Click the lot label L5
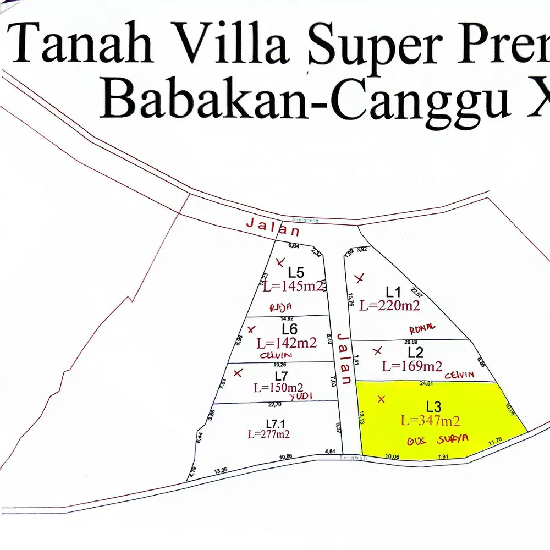[x=296, y=272]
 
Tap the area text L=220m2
[x=390, y=306]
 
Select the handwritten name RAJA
[x=280, y=307]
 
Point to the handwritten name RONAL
[x=422, y=328]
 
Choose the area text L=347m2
[x=430, y=421]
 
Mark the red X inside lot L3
[x=382, y=399]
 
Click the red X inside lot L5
[x=281, y=261]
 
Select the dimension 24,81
[x=427, y=383]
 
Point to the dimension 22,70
[x=274, y=405]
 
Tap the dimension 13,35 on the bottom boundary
[x=221, y=470]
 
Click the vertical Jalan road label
[x=344, y=358]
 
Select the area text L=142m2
[x=287, y=343]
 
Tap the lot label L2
[x=415, y=352]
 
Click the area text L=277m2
[x=268, y=434]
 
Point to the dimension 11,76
[x=496, y=439]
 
